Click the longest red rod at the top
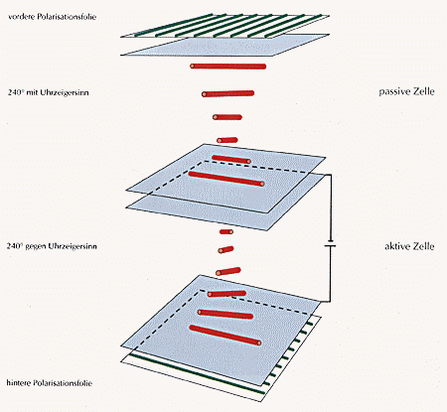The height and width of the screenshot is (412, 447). pyautogui.click(x=228, y=67)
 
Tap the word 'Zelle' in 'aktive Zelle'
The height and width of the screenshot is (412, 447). pyautogui.click(x=424, y=243)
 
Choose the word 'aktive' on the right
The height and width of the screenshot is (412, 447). pyautogui.click(x=396, y=243)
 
